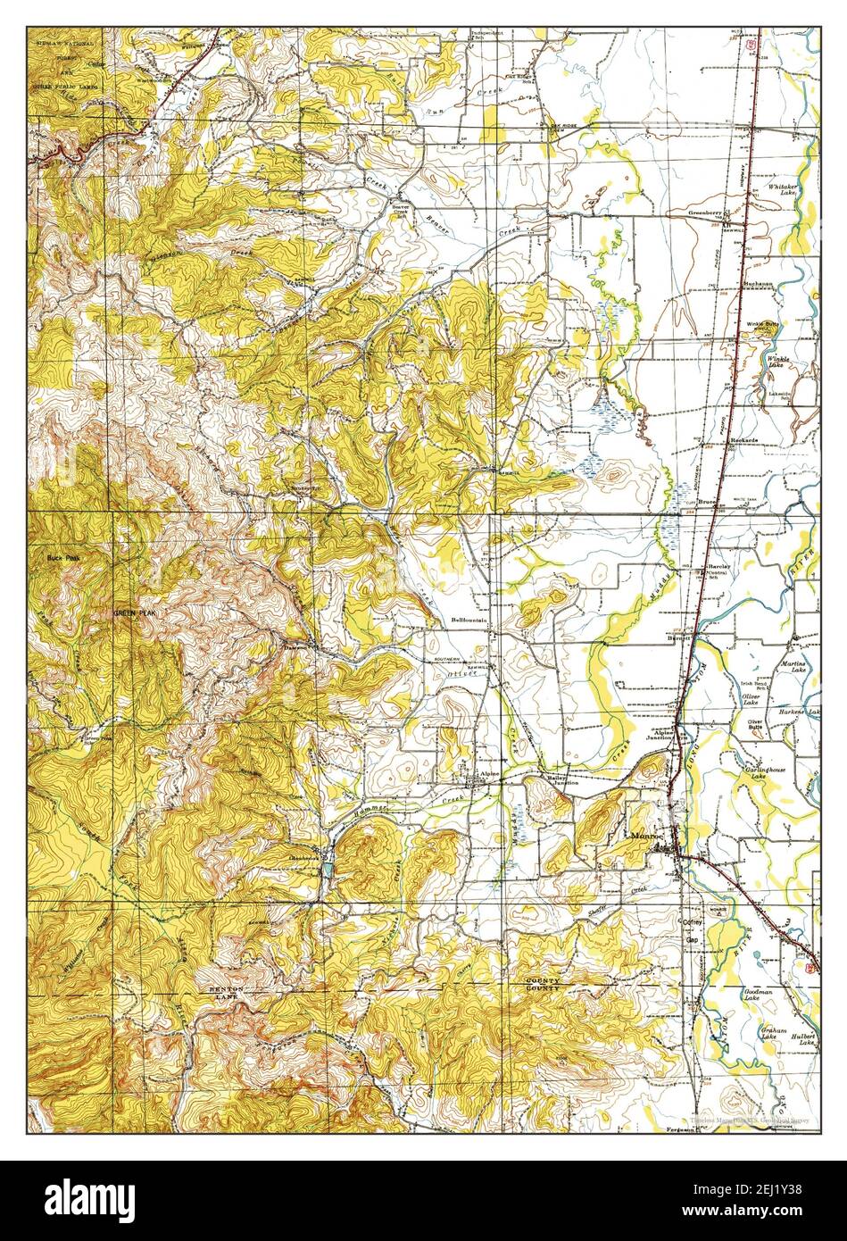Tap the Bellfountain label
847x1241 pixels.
(470, 619)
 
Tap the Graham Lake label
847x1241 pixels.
(772, 1032)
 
